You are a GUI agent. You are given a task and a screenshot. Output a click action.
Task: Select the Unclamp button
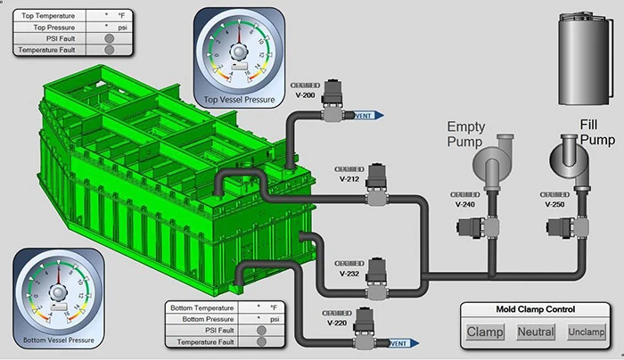coord(586,333)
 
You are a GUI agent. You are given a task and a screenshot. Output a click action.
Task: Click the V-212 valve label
coord(349,177)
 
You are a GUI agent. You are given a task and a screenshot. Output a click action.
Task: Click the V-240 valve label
coord(465,204)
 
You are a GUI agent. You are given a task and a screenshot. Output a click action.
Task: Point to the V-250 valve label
coord(556,204)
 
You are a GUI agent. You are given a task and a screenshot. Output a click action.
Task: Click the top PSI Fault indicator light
coord(109,38)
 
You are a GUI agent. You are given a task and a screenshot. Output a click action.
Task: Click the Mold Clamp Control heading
coord(535,309)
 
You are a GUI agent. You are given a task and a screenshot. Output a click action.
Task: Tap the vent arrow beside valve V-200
coord(368,115)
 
